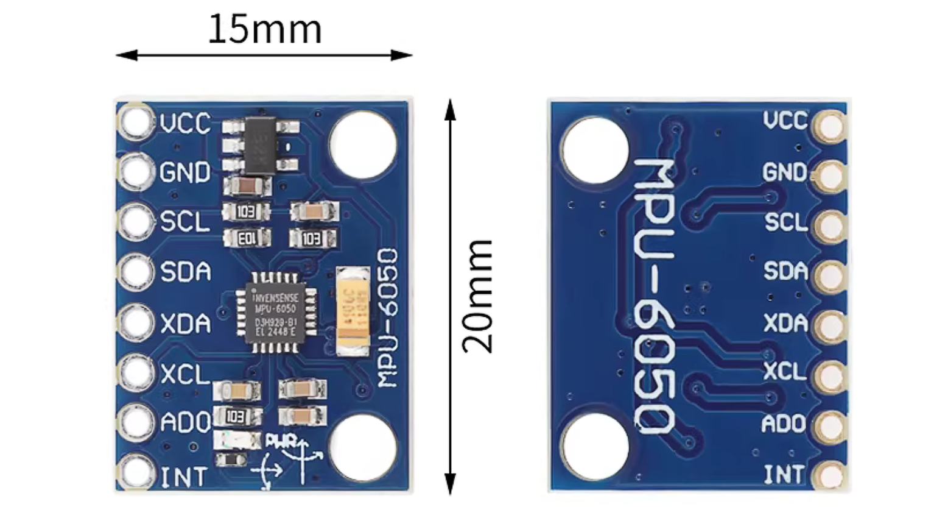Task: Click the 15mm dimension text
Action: pos(264,29)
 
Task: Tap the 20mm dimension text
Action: pos(477,296)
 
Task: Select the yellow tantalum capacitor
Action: pos(353,311)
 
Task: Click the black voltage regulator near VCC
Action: pos(260,144)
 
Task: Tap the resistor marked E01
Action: pos(247,238)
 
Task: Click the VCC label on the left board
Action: pos(186,124)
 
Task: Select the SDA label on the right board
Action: pos(785,272)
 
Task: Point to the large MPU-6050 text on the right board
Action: pos(655,297)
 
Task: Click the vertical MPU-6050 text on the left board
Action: pos(387,318)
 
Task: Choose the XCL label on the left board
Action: pos(185,373)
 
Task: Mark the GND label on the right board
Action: pos(785,172)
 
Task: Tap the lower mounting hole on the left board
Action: pos(363,447)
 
